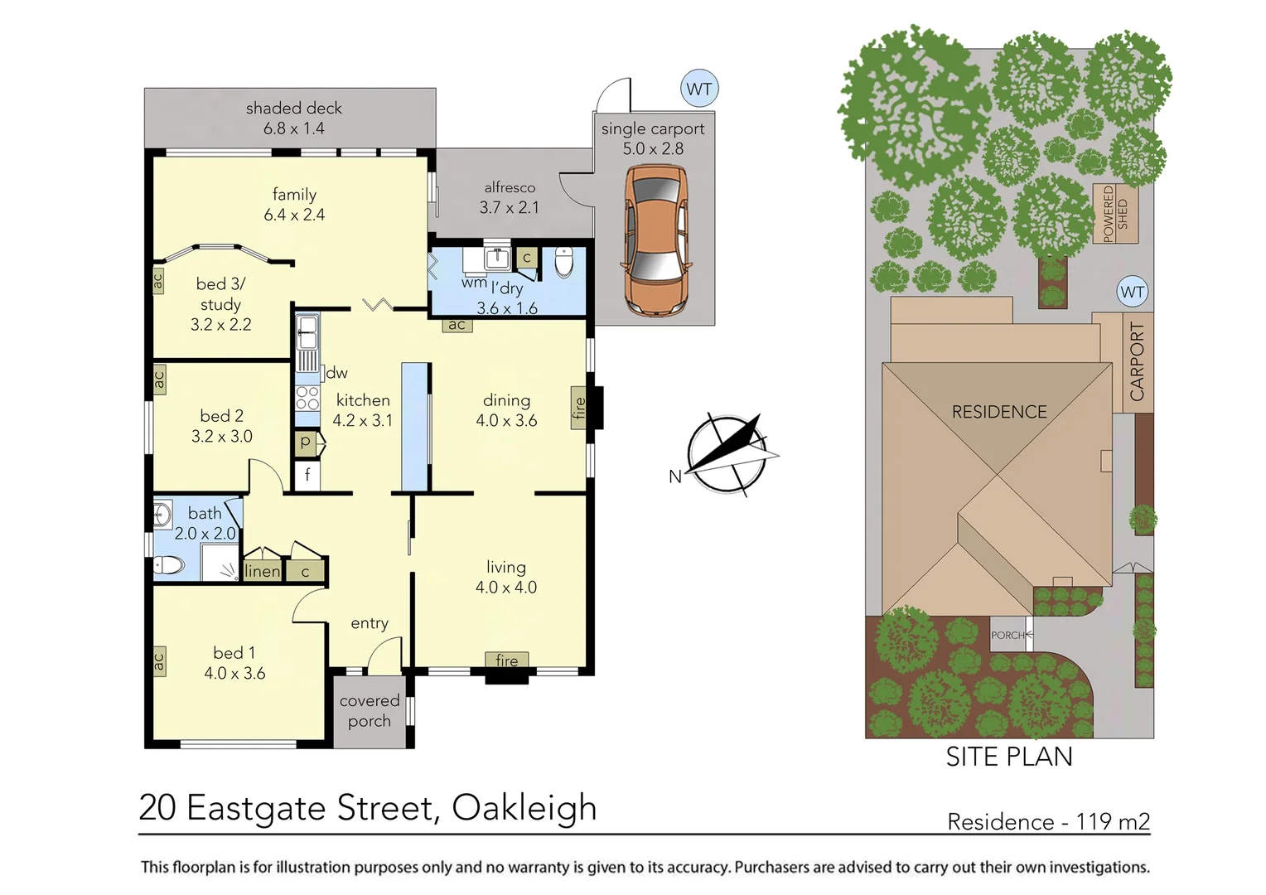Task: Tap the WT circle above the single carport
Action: (699, 89)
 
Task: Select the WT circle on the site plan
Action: (1132, 292)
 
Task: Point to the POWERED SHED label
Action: (1115, 214)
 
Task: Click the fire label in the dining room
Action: (579, 408)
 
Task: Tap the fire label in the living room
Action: (506, 660)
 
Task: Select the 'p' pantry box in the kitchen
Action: (306, 443)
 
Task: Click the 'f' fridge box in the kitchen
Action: (307, 475)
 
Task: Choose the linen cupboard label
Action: (262, 571)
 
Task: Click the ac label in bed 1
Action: (158, 661)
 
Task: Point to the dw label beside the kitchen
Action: (336, 373)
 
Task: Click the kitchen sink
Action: (307, 333)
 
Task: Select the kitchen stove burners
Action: (307, 398)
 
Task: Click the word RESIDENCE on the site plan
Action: (998, 412)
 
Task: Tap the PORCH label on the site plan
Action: (1008, 635)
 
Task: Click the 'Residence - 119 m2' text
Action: (1048, 821)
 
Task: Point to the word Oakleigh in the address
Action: (524, 807)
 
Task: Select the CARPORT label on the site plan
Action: (1137, 361)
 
